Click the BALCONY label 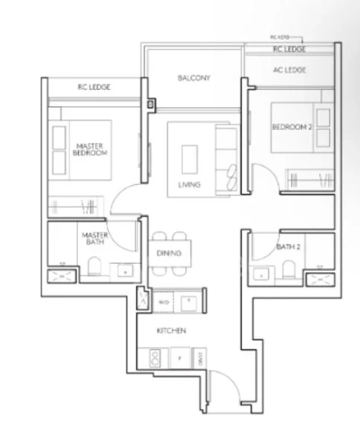(194, 78)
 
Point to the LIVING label (189, 184)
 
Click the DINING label (170, 253)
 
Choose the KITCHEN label (170, 330)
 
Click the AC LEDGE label (290, 70)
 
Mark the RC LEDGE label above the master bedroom (94, 87)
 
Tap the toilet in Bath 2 (286, 271)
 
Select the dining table (170, 253)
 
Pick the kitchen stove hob (156, 358)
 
